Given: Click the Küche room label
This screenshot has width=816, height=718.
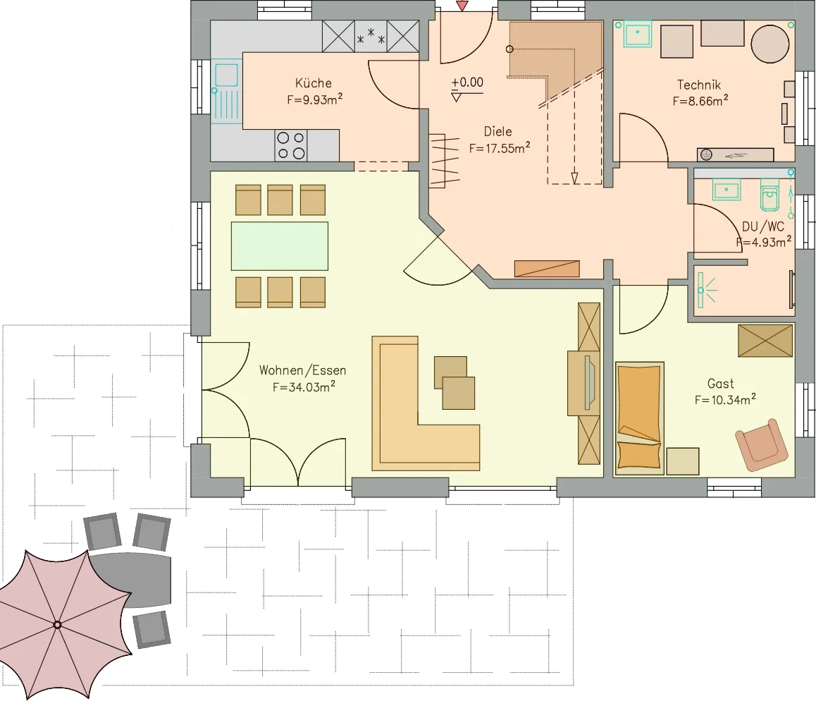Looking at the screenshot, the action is [x=314, y=83].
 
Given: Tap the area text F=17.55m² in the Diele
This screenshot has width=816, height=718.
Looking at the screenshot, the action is [x=500, y=148].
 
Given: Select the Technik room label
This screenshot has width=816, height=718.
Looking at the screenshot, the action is [x=699, y=85].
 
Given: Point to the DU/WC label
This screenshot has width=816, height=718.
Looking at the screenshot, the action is [x=763, y=226].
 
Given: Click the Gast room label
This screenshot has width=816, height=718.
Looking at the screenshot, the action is [x=721, y=384].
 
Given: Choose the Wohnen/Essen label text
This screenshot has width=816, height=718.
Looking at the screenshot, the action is [x=302, y=370].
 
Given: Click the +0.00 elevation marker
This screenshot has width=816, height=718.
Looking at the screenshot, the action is [x=467, y=83].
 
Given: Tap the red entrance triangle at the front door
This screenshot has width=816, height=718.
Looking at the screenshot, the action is [x=462, y=6].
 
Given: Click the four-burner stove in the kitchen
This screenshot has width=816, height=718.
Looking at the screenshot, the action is [x=291, y=145].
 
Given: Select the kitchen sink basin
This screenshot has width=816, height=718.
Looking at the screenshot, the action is [x=226, y=75].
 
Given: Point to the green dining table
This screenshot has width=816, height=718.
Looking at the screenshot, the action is [x=280, y=246].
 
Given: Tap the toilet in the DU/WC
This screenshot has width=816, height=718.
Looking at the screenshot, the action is [x=769, y=195].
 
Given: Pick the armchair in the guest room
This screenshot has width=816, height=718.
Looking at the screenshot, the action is [x=761, y=444].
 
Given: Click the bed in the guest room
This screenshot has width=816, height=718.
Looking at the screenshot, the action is [x=639, y=418].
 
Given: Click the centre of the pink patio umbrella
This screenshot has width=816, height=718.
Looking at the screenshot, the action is [x=57, y=625].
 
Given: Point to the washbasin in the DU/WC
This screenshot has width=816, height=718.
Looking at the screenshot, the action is [x=727, y=190].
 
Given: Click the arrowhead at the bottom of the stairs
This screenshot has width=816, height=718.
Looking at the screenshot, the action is [x=574, y=178].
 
